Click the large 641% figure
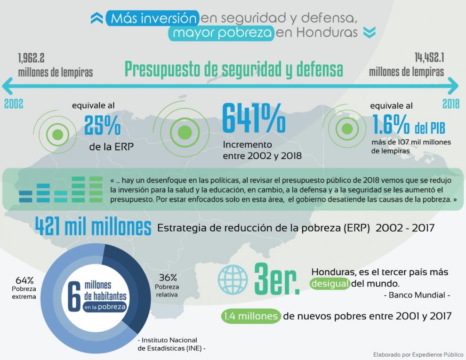click(x=253, y=119)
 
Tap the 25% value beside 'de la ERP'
click(x=102, y=125)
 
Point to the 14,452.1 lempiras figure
click(x=430, y=58)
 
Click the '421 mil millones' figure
click(x=93, y=228)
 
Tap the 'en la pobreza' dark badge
click(x=105, y=307)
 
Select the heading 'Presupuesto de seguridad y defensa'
click(x=233, y=69)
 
